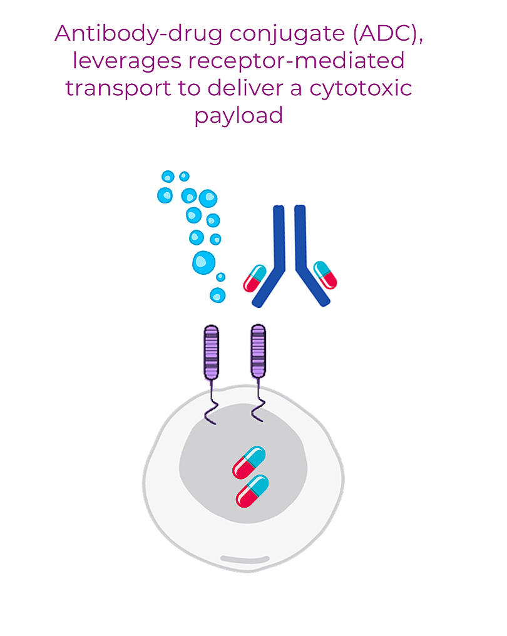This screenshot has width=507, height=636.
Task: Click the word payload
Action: click(238, 116)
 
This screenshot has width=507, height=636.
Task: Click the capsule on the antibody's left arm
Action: click(255, 278)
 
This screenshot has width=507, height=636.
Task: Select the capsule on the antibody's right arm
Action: click(325, 275)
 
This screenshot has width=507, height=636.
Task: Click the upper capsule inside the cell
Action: click(249, 462)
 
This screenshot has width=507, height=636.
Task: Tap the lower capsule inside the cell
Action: click(252, 491)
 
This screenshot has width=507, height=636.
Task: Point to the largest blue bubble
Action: click(203, 262)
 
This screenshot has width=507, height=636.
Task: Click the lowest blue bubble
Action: click(217, 294)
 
